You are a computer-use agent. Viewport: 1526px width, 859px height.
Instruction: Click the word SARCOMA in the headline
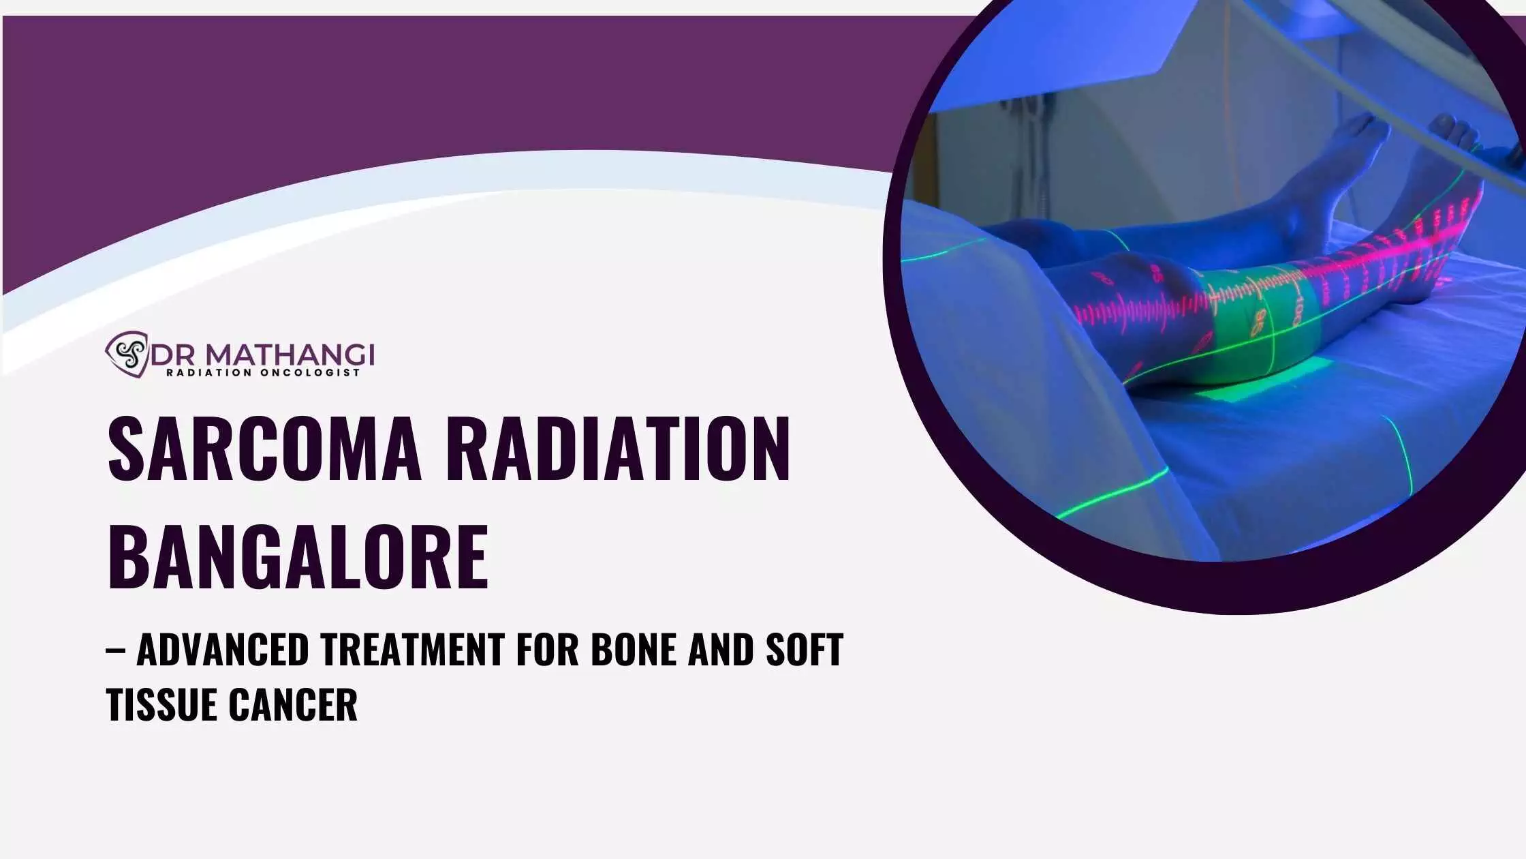tap(265, 448)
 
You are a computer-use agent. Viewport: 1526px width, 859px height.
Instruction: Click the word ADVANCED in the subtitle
tap(223, 649)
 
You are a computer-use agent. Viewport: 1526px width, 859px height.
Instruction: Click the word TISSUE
tap(161, 704)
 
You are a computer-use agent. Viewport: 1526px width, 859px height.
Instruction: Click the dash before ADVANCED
tap(115, 650)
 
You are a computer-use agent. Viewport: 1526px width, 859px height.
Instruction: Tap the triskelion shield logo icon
tap(127, 354)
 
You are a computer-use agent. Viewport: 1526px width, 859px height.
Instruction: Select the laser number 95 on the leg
tap(1261, 322)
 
